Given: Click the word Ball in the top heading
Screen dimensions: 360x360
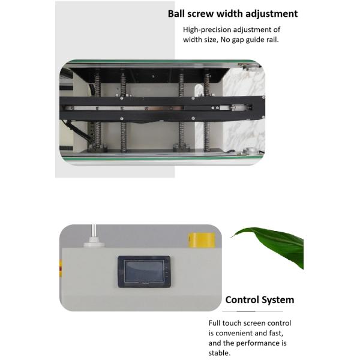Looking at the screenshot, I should (178, 14).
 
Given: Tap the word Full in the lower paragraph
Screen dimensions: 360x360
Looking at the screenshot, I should (216, 323).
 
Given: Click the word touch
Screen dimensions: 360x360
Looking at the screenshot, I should (236, 323).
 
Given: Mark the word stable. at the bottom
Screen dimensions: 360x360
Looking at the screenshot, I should (220, 353).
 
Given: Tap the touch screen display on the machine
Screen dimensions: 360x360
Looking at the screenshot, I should (144, 271).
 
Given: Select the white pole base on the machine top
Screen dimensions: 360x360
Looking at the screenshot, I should (94, 241).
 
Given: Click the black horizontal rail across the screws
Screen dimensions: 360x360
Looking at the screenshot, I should (162, 108).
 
